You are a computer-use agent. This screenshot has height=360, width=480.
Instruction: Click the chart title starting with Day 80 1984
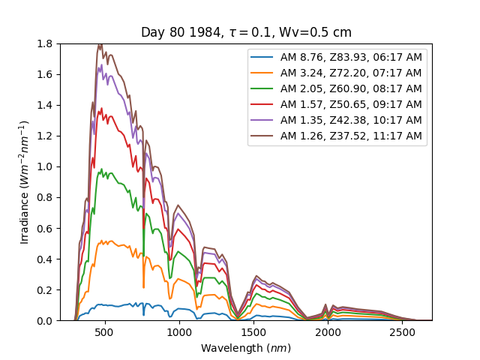246,33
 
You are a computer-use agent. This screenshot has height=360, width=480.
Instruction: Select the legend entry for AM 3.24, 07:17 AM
350,73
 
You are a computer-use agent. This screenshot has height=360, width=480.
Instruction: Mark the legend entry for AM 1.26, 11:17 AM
350,136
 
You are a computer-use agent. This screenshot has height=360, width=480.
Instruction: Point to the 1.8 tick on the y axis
46,43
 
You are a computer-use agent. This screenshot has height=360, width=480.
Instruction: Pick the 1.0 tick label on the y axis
46,166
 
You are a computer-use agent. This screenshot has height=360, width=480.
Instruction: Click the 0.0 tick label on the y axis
46,321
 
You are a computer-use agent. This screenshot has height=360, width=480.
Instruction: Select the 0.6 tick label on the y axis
46,228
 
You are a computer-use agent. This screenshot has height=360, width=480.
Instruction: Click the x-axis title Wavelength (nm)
246,348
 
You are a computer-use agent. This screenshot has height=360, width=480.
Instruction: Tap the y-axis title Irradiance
25,182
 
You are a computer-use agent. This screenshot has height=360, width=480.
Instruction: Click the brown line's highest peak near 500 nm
100,45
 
